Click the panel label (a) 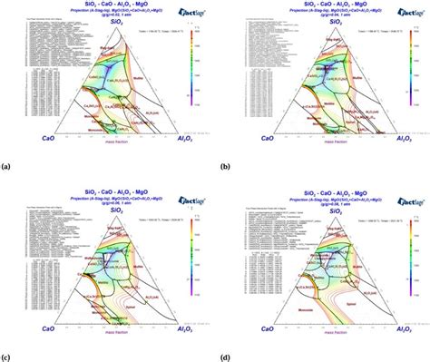tap(7, 167)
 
